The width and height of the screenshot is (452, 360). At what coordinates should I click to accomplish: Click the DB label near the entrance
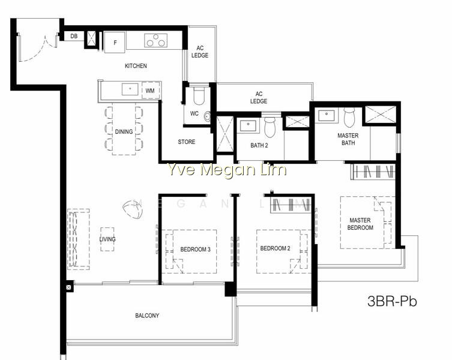click(x=74, y=37)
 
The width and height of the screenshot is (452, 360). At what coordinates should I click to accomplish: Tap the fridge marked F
click(x=115, y=43)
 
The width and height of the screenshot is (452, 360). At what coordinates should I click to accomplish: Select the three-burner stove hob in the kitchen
click(x=156, y=40)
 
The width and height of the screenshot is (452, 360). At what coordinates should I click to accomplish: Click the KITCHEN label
click(x=136, y=66)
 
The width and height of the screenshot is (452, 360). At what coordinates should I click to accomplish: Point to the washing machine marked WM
click(x=151, y=91)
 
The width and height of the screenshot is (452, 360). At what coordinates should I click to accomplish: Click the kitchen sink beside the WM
click(x=130, y=89)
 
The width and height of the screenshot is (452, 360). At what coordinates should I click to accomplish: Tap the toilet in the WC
click(x=199, y=95)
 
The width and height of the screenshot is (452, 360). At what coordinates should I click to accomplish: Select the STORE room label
click(x=187, y=142)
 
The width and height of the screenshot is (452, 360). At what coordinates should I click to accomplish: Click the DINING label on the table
click(x=124, y=132)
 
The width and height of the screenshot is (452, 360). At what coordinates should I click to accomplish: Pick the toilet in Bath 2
click(x=270, y=126)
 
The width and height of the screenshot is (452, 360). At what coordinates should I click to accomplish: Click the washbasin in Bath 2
click(x=248, y=125)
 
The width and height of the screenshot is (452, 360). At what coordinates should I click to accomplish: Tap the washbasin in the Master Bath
click(x=327, y=115)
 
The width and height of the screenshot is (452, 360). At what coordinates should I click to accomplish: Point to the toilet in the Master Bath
click(x=349, y=117)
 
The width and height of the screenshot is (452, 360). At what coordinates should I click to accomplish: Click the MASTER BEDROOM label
click(x=360, y=224)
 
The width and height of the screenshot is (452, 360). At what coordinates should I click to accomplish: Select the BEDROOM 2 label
click(x=276, y=248)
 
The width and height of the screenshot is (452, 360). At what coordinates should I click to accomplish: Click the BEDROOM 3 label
click(x=196, y=250)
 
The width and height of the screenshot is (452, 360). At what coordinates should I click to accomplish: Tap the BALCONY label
click(x=147, y=316)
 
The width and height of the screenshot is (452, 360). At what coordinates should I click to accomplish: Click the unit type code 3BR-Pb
click(x=393, y=301)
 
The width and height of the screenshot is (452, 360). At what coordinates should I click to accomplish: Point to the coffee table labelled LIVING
click(x=107, y=239)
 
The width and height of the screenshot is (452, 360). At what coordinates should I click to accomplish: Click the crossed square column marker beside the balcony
click(x=69, y=287)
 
